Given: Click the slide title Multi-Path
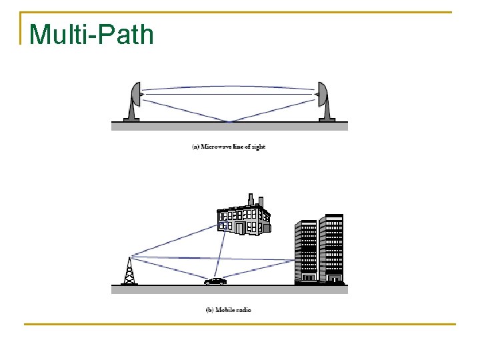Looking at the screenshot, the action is coord(91,34).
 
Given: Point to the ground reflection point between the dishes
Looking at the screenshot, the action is coord(230,121).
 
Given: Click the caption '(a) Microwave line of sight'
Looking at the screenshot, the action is coord(229,147).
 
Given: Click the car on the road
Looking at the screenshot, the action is coord(215,281).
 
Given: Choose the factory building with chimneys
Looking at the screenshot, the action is coord(243,217).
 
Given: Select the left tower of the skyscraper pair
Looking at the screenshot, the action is coord(306,252).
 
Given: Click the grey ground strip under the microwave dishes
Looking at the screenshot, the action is coord(229,126).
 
